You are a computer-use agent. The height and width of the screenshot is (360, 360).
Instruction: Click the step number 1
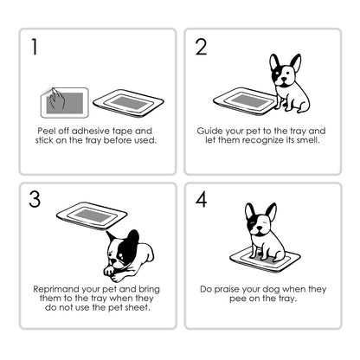(x=35, y=47)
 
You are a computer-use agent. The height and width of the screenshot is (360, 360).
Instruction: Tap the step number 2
(x=202, y=47)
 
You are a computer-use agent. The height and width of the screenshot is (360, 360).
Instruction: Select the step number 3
(x=35, y=199)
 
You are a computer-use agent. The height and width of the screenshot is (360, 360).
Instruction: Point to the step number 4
(x=202, y=199)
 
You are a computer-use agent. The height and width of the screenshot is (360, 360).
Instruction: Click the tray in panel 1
(x=128, y=103)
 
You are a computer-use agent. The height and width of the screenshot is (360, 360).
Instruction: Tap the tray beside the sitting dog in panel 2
(x=244, y=101)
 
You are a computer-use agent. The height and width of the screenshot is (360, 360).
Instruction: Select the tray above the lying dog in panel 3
(x=92, y=215)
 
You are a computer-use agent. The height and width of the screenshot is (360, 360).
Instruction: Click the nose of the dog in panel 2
(x=284, y=79)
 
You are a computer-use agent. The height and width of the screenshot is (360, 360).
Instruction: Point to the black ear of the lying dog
(x=132, y=237)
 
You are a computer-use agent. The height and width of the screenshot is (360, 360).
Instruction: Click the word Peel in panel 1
(x=47, y=131)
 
